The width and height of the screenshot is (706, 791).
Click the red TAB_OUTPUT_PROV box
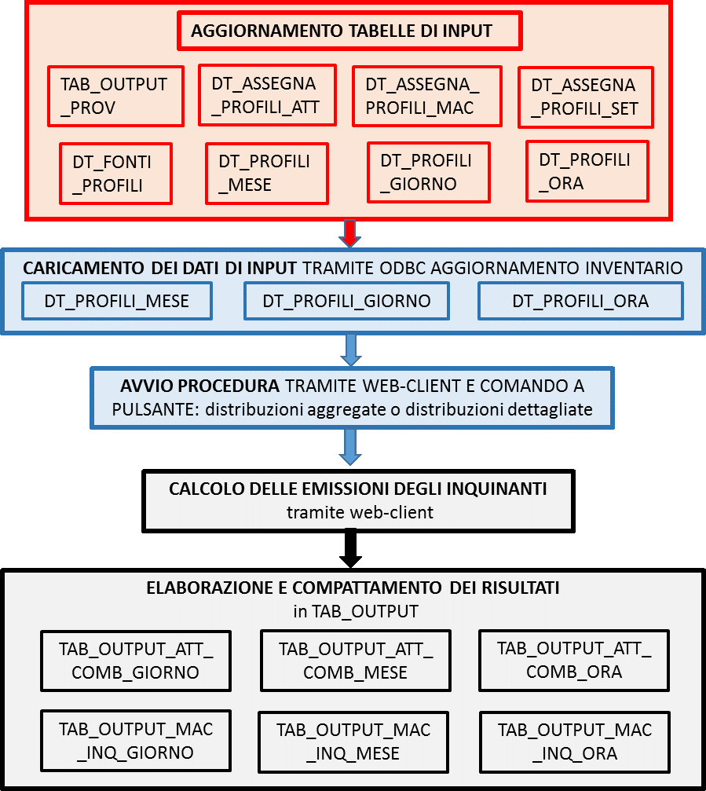(115, 96)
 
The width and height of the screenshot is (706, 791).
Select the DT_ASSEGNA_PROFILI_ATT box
(267, 95)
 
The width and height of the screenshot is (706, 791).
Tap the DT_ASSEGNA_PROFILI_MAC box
(427, 95)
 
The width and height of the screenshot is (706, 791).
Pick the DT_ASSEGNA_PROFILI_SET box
(586, 97)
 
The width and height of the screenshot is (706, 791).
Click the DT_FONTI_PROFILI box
(116, 174)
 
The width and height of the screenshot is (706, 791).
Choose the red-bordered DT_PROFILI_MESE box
(267, 173)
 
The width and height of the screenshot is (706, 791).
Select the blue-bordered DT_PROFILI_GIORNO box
(346, 301)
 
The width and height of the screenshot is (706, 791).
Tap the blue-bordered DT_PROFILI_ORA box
(580, 301)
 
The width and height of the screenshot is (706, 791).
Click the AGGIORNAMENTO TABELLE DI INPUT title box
(349, 31)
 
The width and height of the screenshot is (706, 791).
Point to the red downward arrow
(349, 233)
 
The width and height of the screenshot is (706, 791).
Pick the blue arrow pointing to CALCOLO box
(350, 447)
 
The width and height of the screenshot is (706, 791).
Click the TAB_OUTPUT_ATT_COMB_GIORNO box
(136, 661)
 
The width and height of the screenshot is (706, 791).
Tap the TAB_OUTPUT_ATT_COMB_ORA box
(574, 660)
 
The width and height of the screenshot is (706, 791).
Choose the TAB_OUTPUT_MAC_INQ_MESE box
(353, 742)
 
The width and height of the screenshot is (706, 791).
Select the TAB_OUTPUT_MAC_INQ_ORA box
(574, 742)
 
